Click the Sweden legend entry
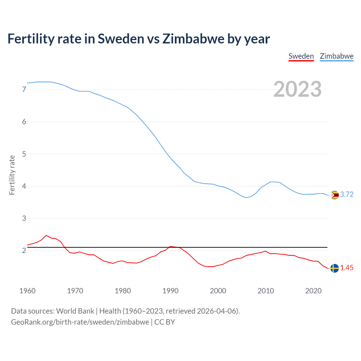pyautogui.click(x=301, y=56)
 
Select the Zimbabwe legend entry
pyautogui.click(x=336, y=56)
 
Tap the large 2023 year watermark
pyautogui.click(x=297, y=89)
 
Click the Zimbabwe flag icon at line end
pyautogui.click(x=334, y=195)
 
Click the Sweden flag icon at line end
pyautogui.click(x=334, y=268)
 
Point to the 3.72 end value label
pyautogui.click(x=347, y=195)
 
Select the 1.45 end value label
pyautogui.click(x=347, y=268)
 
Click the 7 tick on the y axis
pyautogui.click(x=24, y=90)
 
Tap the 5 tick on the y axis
pyautogui.click(x=24, y=154)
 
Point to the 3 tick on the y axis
pyautogui.click(x=24, y=218)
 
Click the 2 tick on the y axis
pyautogui.click(x=24, y=250)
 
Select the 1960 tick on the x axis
pyautogui.click(x=27, y=291)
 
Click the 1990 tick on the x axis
pyautogui.click(x=170, y=291)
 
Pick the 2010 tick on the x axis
pyautogui.click(x=266, y=291)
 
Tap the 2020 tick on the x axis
pyautogui.click(x=313, y=291)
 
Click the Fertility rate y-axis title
pyautogui.click(x=12, y=175)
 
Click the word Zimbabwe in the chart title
pyautogui.click(x=193, y=39)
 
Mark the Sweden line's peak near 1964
pyautogui.click(x=46, y=235)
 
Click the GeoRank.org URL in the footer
pyautogui.click(x=80, y=322)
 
